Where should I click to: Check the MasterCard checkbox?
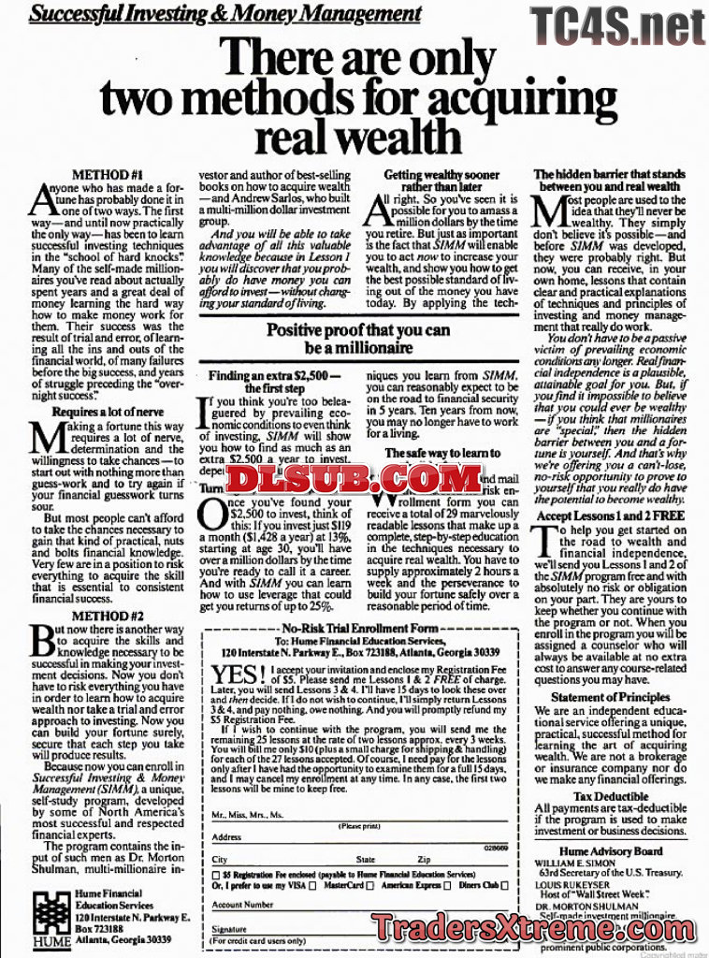click(x=374, y=885)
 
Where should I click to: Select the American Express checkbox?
click(x=447, y=885)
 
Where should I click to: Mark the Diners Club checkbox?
click(x=505, y=885)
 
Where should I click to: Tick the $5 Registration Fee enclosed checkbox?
click(x=216, y=873)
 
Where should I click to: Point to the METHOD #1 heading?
click(x=108, y=175)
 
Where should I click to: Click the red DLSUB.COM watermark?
click(x=354, y=479)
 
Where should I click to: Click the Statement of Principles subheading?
click(x=610, y=697)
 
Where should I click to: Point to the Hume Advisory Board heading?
click(x=610, y=851)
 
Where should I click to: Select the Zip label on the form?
click(x=425, y=860)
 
